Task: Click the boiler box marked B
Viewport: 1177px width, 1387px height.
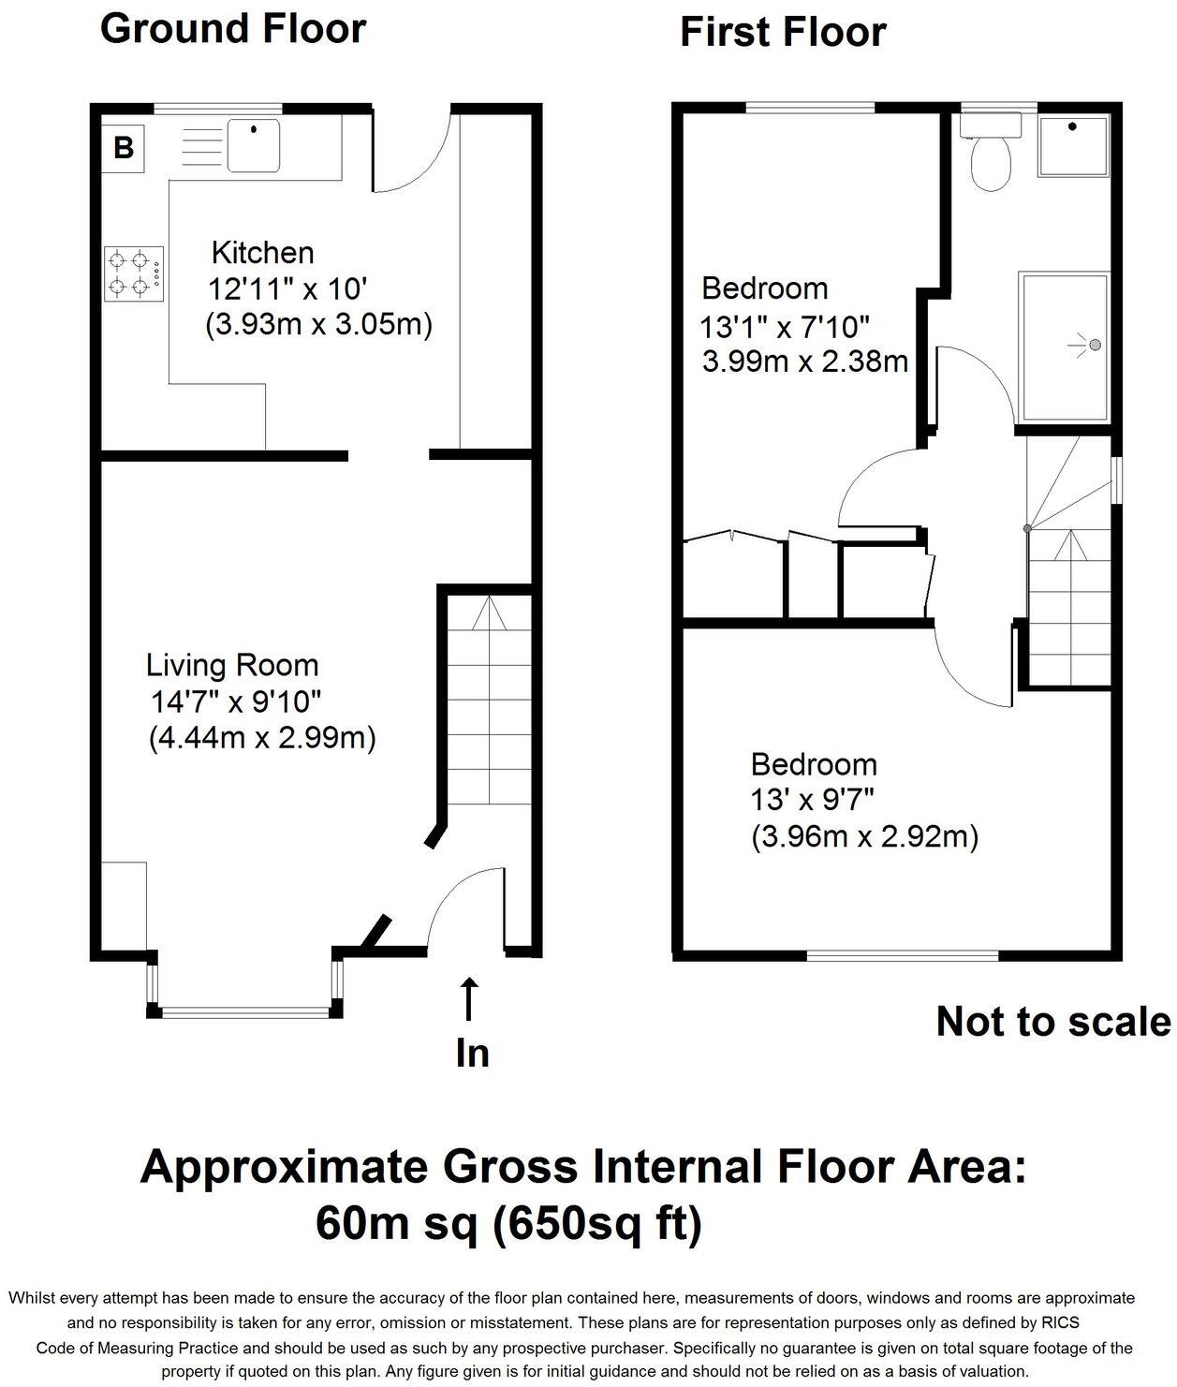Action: (124, 147)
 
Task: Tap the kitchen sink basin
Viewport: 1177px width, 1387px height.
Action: (254, 145)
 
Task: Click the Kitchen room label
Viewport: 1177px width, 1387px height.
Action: (262, 252)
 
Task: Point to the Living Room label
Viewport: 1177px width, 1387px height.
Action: (232, 665)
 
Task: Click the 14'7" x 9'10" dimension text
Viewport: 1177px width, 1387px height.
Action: (237, 701)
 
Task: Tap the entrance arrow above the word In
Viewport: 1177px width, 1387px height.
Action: (469, 998)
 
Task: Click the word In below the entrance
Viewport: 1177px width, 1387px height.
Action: (472, 1053)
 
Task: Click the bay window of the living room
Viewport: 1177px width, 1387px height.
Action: (244, 1011)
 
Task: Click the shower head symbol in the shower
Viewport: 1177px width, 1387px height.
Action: (1093, 346)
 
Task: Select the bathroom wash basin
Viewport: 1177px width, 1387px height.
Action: (1073, 145)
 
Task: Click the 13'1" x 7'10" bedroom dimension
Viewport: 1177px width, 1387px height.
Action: (785, 327)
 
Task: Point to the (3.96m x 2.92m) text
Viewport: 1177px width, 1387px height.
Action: (864, 836)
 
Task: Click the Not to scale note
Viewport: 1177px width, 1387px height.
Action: (1052, 1022)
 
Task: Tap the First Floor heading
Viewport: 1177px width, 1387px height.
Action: (782, 32)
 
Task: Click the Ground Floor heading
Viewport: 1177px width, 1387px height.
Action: (232, 28)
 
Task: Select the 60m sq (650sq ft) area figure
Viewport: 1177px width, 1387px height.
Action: (508, 1222)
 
